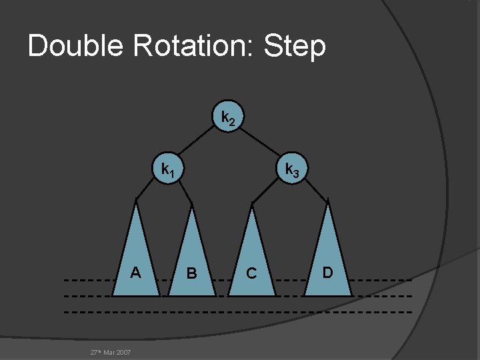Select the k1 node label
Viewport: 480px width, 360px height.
[167, 170]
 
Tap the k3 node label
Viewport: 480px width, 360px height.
[292, 171]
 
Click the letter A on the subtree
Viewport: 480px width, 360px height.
[135, 272]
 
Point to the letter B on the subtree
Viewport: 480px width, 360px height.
[192, 273]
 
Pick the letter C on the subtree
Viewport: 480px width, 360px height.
[251, 273]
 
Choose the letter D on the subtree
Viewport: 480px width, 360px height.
[327, 272]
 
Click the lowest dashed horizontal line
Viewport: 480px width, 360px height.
[240, 312]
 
